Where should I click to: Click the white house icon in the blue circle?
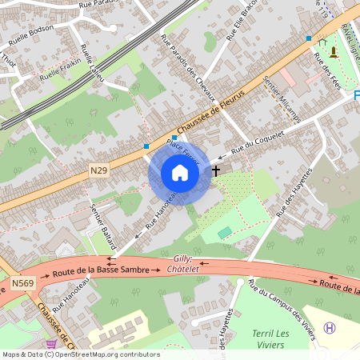pos(180,173)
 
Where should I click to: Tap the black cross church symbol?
pos(215,170)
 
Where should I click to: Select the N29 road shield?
pos(98,170)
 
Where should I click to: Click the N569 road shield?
pos(22,282)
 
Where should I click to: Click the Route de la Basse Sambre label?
pos(101,270)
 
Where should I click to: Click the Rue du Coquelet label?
pos(258,141)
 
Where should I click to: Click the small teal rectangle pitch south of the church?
pos(225,232)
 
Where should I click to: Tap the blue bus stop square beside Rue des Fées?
pos(308,38)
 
